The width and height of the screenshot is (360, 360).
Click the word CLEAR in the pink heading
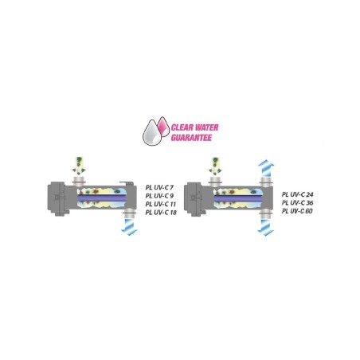coord(182,127)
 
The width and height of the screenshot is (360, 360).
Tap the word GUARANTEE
coord(191,138)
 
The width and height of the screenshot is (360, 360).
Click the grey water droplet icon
coord(152,133)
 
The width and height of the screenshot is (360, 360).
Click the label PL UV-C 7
coord(159,187)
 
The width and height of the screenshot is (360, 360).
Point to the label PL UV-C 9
coord(159,196)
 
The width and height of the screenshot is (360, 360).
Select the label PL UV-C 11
coord(161,204)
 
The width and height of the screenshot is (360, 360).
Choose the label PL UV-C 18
coord(161,213)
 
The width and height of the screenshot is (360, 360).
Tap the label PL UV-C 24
coord(297,194)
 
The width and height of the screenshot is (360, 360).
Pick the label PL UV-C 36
coord(297,203)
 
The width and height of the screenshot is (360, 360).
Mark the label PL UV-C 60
coord(297,211)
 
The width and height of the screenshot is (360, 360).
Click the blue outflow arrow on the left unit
coord(130,227)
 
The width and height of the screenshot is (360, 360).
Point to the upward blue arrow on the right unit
coord(266,168)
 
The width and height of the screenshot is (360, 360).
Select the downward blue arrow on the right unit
coord(265,228)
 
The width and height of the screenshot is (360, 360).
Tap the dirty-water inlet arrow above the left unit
coord(79,166)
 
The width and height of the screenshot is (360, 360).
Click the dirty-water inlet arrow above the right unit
coord(215,166)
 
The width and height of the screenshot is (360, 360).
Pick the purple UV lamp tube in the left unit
coord(101,198)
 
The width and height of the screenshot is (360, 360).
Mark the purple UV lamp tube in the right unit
coord(238,198)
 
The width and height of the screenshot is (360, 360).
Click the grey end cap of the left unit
coord(57,198)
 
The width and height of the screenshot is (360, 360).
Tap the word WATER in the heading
coord(206,127)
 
